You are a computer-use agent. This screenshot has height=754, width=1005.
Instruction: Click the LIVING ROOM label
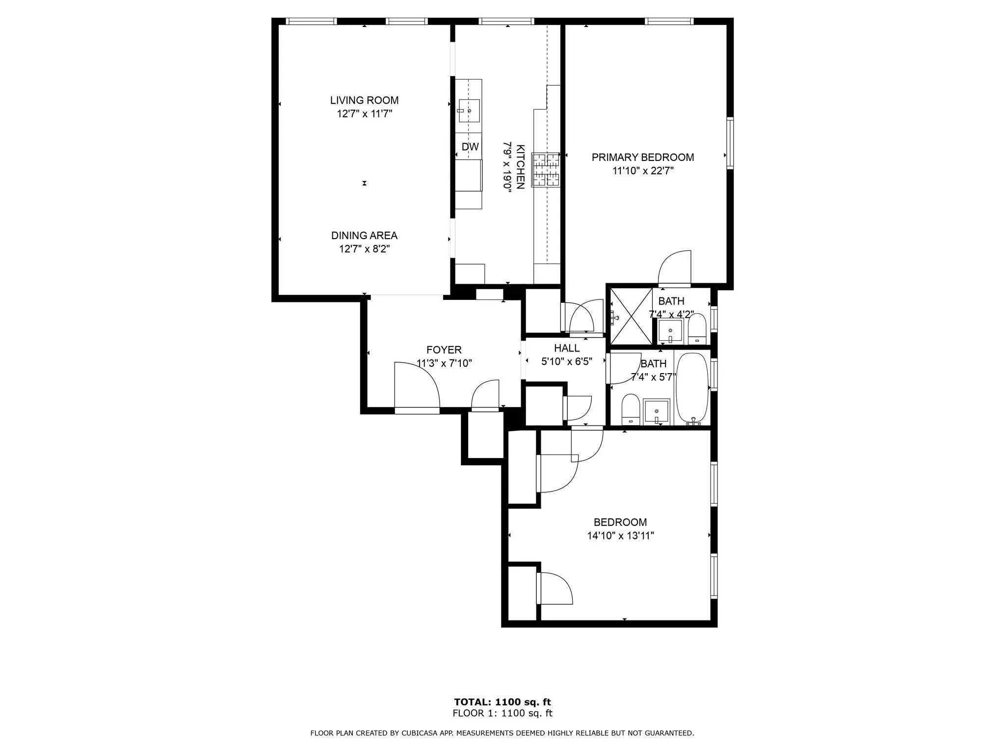(x=364, y=100)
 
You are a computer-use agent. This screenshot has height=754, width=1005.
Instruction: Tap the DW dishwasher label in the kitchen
(x=470, y=147)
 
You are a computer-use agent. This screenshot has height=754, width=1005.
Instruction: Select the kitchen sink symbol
(x=469, y=110)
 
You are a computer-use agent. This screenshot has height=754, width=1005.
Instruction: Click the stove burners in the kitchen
(x=546, y=170)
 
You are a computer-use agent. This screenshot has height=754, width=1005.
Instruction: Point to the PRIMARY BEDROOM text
(x=642, y=157)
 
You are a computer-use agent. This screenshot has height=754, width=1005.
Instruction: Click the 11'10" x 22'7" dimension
(x=642, y=171)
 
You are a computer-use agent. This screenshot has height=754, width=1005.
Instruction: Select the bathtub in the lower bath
(x=692, y=388)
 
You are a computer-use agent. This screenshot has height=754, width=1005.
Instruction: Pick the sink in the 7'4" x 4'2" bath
(x=670, y=331)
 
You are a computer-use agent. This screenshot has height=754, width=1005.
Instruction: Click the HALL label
(x=567, y=348)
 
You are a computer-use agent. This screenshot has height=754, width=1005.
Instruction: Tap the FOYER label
(x=444, y=350)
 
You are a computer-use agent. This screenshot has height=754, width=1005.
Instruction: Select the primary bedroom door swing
(x=675, y=269)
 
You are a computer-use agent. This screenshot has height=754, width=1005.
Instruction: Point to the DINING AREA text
(x=364, y=236)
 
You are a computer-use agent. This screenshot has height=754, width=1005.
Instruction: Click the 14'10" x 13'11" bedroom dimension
(x=620, y=536)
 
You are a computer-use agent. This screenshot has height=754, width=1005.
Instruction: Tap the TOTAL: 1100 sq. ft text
(x=502, y=702)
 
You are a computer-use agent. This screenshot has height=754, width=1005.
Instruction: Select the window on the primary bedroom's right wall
(x=730, y=143)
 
